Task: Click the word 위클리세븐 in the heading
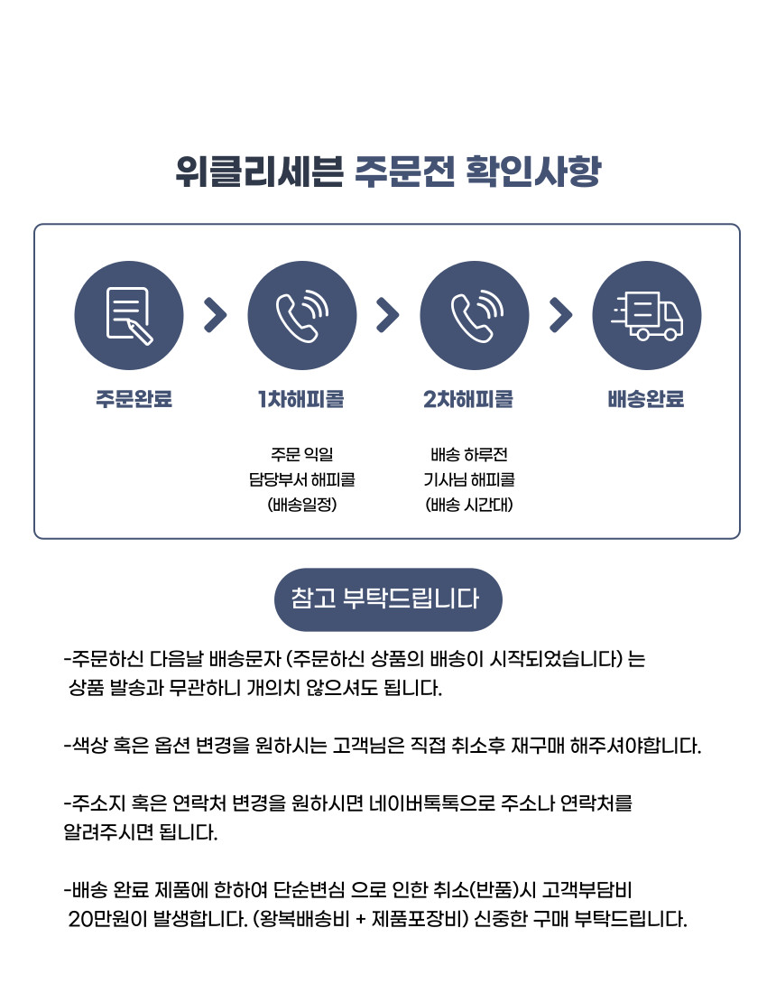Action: [x=260, y=171]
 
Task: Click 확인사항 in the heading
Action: [x=533, y=171]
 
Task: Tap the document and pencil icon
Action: [x=129, y=315]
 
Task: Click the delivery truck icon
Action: [x=647, y=315]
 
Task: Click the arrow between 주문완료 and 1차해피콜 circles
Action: [x=215, y=315]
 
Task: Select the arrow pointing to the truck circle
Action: [x=561, y=315]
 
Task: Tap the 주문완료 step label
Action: [x=134, y=399]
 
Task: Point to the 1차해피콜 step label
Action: [x=301, y=399]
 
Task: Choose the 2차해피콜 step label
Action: [x=468, y=399]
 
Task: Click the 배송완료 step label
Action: [x=646, y=399]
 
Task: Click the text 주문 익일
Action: [x=302, y=454]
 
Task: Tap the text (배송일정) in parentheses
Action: [x=302, y=505]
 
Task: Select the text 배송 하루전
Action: [x=469, y=454]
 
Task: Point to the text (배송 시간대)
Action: [x=469, y=505]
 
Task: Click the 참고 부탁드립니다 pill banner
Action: [x=388, y=599]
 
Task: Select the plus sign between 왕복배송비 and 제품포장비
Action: [x=361, y=920]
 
